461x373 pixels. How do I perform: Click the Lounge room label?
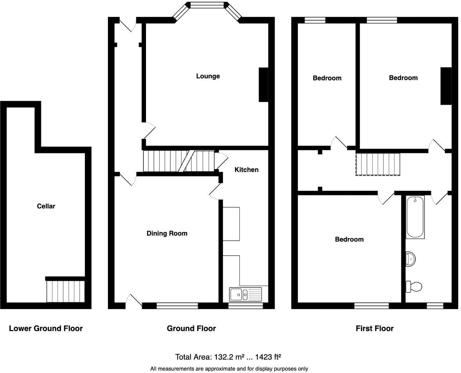208,76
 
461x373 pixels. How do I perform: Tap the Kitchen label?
246,170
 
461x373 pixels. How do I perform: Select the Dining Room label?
167,233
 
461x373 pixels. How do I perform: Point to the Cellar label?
46,206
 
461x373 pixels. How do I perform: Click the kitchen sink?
246,294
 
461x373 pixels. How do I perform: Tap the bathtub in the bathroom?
415,217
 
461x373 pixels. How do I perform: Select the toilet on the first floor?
414,287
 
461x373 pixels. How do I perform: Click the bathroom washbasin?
410,259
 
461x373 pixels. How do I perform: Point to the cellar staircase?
65,291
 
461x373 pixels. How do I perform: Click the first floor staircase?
378,164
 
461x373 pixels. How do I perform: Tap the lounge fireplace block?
263,85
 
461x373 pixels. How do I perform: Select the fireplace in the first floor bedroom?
446,86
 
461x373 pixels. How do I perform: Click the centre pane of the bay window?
207,5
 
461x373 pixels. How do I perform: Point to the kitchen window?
246,306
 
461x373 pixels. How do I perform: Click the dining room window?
177,306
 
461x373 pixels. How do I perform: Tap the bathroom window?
435,306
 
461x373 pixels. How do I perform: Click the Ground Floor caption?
191,328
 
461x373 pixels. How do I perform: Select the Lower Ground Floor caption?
46,328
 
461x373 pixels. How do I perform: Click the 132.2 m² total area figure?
229,357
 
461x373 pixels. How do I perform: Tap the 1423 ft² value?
268,357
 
